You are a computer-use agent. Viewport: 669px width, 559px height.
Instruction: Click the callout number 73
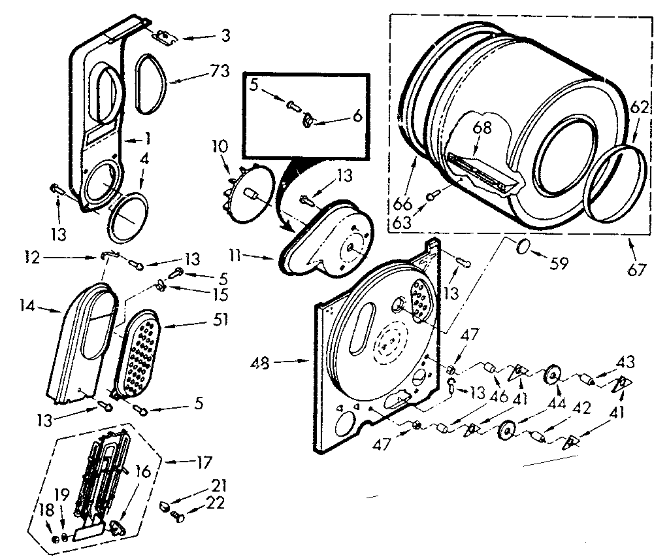click(221, 71)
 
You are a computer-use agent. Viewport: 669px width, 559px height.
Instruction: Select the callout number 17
click(203, 463)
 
